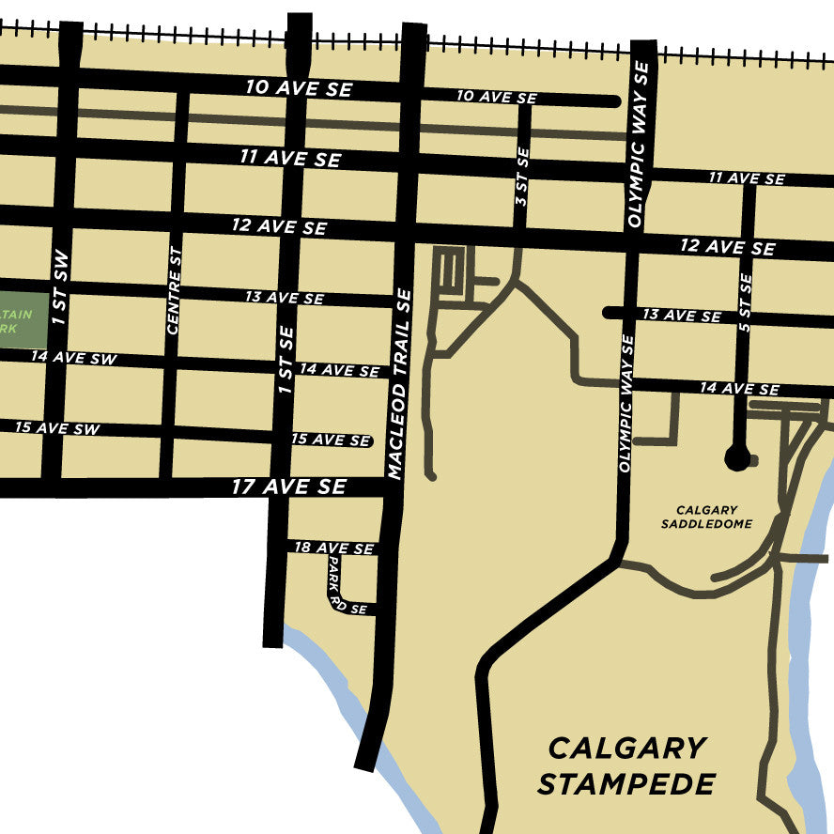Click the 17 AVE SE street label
click(x=289, y=486)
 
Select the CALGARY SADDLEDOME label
click(x=706, y=517)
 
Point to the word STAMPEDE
click(x=626, y=783)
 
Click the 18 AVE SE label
click(x=333, y=548)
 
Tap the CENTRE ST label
click(x=174, y=290)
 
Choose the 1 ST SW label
click(x=59, y=287)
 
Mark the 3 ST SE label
click(x=522, y=176)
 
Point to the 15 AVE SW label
click(x=56, y=428)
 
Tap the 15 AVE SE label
click(x=331, y=440)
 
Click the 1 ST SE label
click(x=286, y=359)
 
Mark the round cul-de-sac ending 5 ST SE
click(x=737, y=458)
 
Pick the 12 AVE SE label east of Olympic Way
click(x=728, y=246)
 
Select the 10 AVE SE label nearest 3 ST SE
click(x=497, y=97)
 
